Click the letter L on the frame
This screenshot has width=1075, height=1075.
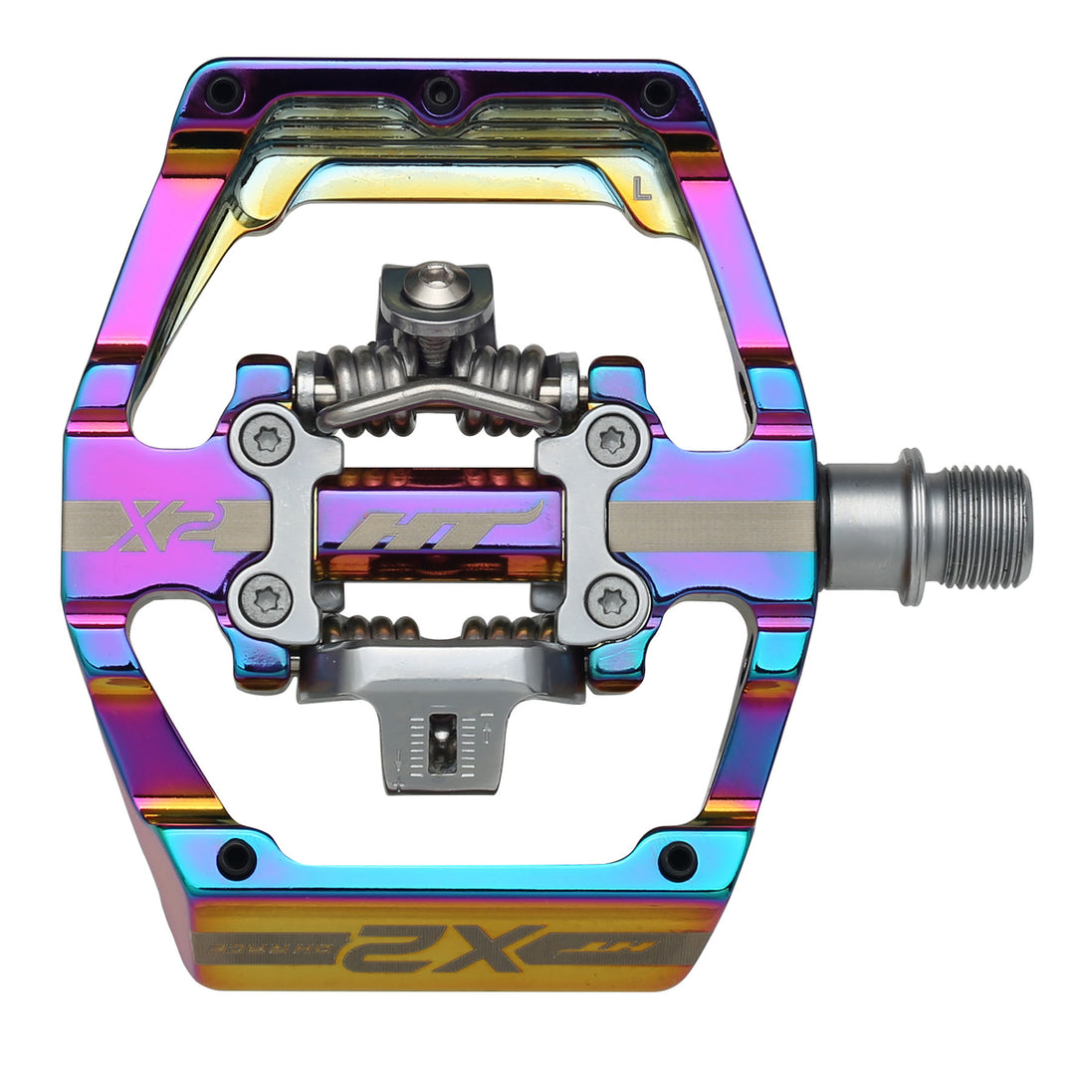pyautogui.click(x=642, y=188)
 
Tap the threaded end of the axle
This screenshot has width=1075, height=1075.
pyautogui.click(x=985, y=526)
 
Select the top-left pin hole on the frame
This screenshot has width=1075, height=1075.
pyautogui.click(x=223, y=94)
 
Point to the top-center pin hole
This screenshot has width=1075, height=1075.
pyautogui.click(x=440, y=96)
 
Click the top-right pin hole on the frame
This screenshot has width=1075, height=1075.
pyautogui.click(x=657, y=94)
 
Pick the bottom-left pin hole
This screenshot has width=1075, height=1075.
pyautogui.click(x=237, y=858)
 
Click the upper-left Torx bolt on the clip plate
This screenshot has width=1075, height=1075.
pyautogui.click(x=269, y=439)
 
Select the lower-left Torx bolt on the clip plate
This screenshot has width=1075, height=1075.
pyautogui.click(x=269, y=600)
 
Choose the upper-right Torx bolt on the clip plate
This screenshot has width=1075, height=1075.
pyautogui.click(x=609, y=439)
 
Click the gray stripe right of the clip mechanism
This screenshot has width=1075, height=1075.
pyautogui.click(x=712, y=526)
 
